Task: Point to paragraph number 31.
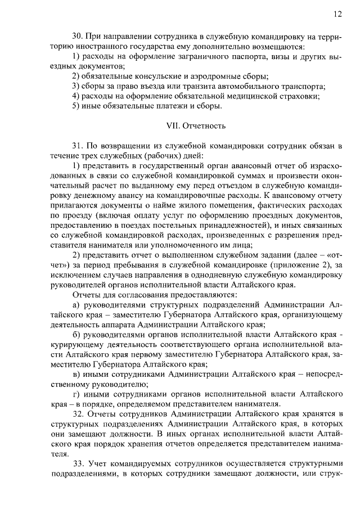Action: (79, 145)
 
